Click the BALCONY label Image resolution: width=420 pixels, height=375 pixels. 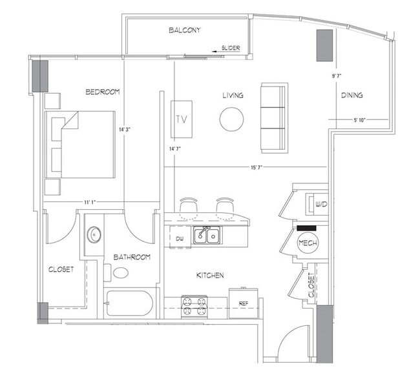185,30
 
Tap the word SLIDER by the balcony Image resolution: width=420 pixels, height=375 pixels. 231,48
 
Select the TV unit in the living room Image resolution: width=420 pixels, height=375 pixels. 181,119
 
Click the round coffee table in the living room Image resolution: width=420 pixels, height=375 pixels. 231,119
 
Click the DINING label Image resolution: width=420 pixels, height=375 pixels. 352,96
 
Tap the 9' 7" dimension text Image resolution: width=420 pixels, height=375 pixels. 337,76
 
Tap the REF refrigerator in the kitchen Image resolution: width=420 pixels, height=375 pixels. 243,303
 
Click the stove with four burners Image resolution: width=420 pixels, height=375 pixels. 194,306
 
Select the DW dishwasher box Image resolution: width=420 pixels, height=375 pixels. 180,238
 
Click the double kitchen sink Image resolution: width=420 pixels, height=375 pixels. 207,236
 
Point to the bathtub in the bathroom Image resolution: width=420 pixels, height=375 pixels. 130,303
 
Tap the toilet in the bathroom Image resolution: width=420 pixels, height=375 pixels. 120,272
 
